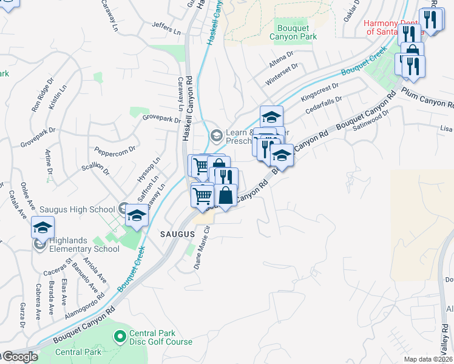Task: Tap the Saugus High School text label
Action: point(77,209)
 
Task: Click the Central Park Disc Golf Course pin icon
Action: point(120,335)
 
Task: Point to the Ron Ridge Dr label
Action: point(43,93)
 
